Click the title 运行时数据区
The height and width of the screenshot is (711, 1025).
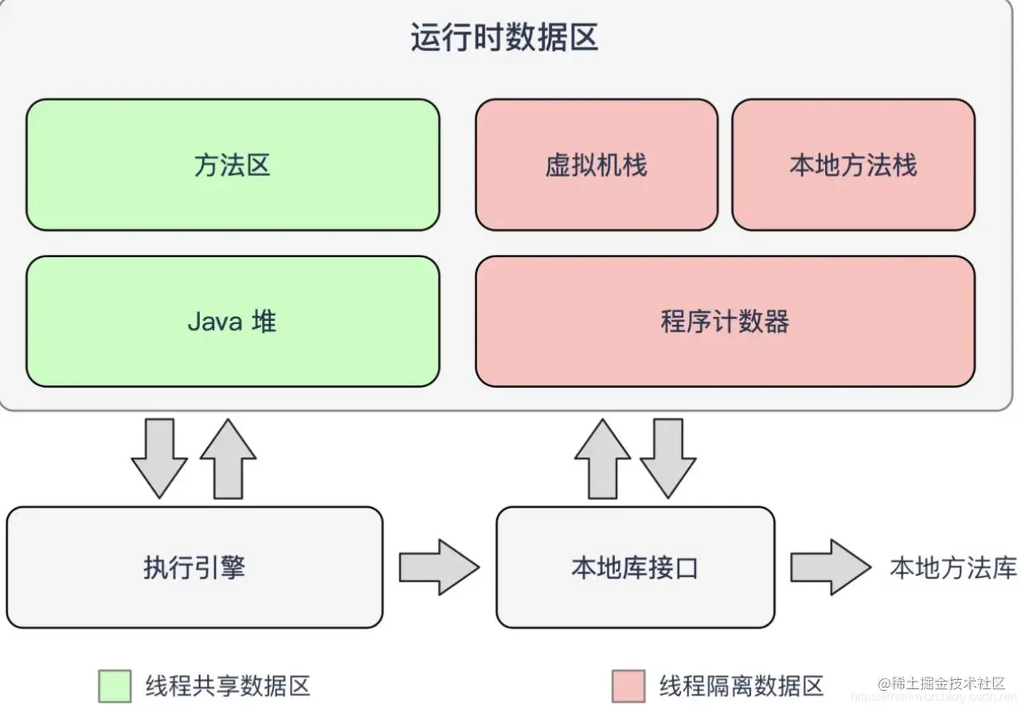[x=504, y=38]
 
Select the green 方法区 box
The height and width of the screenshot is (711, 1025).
[x=233, y=165]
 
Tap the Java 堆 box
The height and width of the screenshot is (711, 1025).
[x=233, y=322]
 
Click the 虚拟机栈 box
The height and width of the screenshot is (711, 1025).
[x=597, y=165]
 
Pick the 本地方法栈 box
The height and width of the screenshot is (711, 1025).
[x=853, y=165]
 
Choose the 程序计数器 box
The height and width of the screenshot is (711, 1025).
[x=725, y=322]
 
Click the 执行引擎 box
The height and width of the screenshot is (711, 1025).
[x=194, y=568]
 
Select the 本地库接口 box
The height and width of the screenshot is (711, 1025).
[x=635, y=568]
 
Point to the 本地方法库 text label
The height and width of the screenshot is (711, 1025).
[x=953, y=568]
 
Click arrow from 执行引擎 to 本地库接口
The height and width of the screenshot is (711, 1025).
[x=439, y=567]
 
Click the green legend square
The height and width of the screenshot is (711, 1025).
[x=115, y=686]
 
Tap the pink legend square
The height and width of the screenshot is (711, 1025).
[x=628, y=686]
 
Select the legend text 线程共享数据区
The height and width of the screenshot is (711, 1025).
[x=227, y=686]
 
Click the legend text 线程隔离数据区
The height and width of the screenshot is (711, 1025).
[x=741, y=686]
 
